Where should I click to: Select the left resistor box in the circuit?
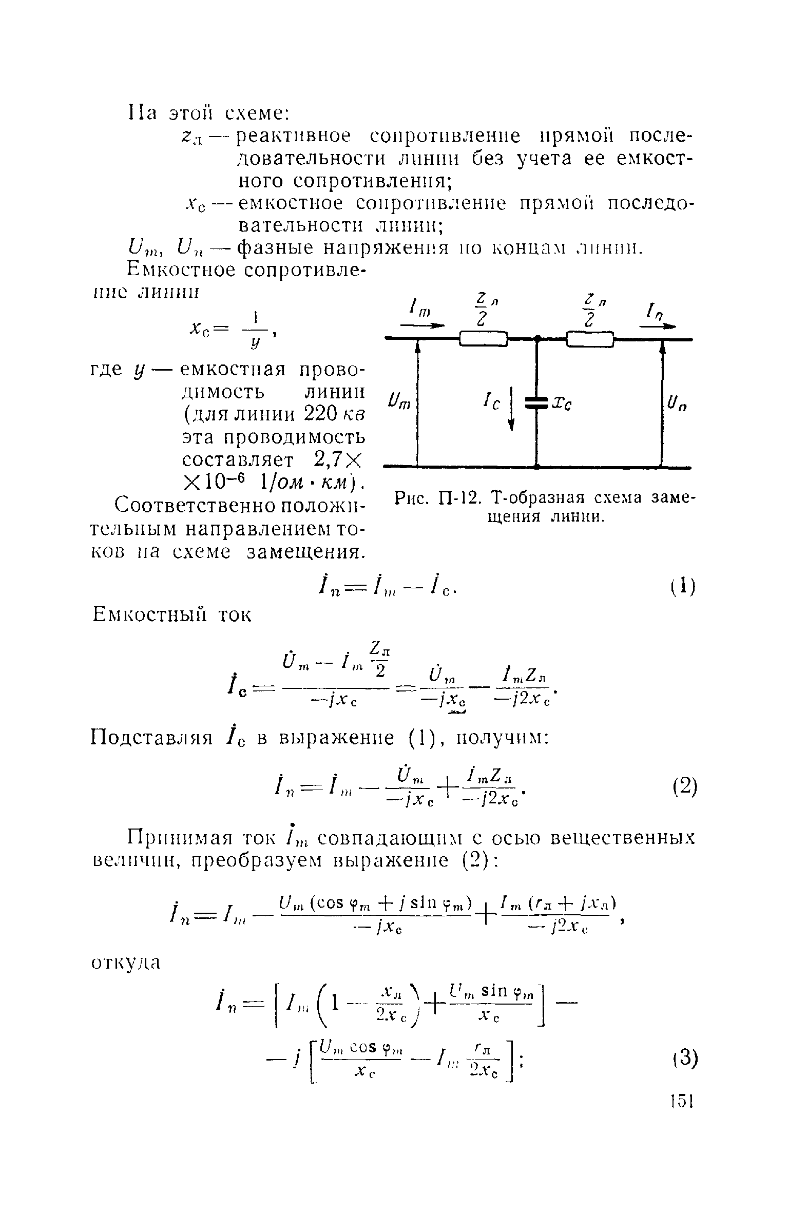point(483,339)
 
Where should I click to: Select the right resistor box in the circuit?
point(590,339)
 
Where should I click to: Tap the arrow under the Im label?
point(422,325)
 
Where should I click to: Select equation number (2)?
point(682,786)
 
